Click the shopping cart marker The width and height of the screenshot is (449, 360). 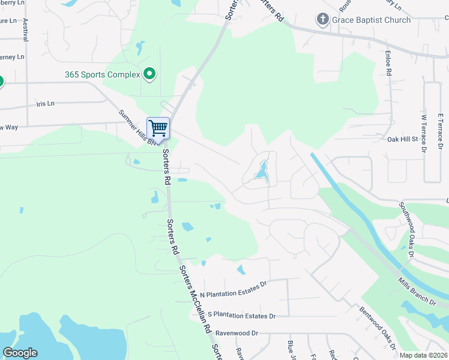pyautogui.click(x=158, y=127)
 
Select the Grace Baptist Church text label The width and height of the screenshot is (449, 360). pyautogui.click(x=372, y=20)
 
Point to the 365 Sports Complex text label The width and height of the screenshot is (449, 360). pyautogui.click(x=103, y=75)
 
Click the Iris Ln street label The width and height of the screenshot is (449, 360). pyautogui.click(x=45, y=103)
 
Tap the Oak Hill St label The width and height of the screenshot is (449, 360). pyautogui.click(x=402, y=139)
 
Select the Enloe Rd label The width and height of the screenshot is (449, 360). pyautogui.click(x=388, y=64)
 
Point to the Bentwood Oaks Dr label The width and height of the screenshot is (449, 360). pyautogui.click(x=378, y=327)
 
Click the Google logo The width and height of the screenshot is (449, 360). pyautogui.click(x=20, y=353)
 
